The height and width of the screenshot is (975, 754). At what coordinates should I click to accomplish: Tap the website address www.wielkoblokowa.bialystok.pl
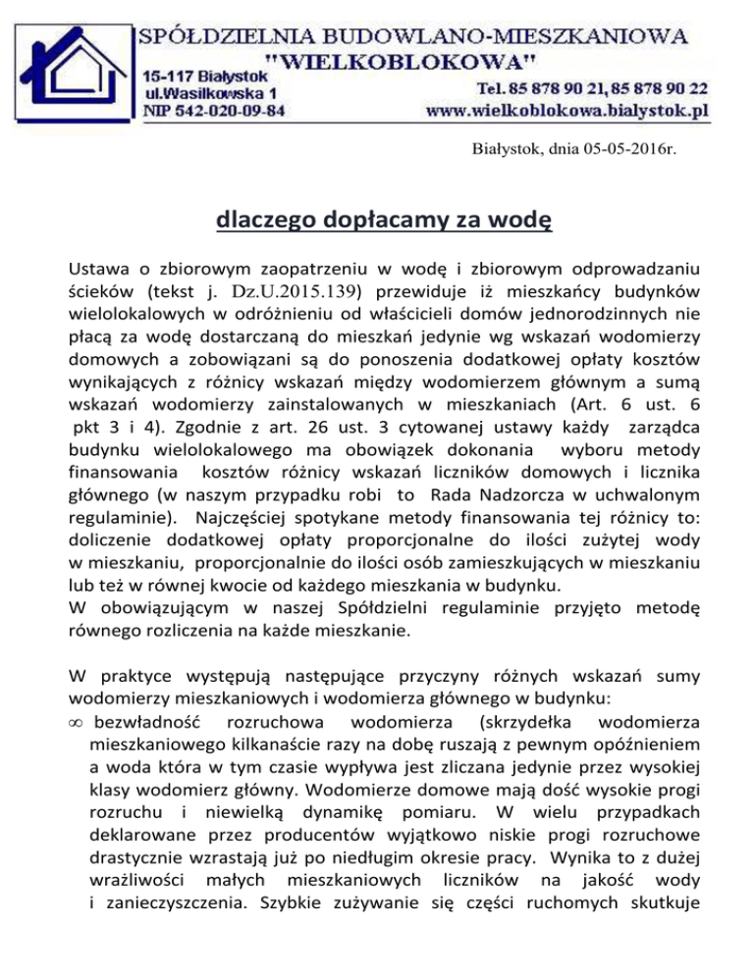tap(566, 112)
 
